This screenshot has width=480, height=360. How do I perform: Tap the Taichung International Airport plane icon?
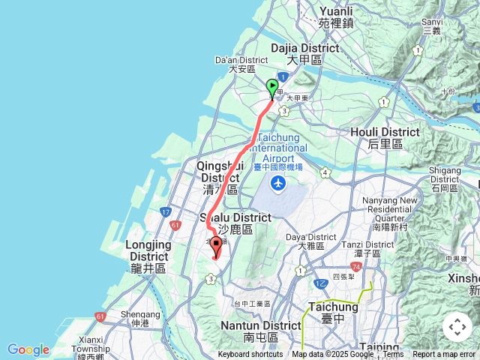coord(279,182)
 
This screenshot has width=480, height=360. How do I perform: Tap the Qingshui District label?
coord(219,178)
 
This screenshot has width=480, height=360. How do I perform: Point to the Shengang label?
coord(140,319)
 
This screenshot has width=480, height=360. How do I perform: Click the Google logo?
coord(28,349)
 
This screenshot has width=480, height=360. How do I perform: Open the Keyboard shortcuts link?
coord(250,355)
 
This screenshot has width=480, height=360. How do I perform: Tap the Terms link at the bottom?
coord(393,355)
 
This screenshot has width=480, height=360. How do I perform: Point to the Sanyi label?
coord(432,26)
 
